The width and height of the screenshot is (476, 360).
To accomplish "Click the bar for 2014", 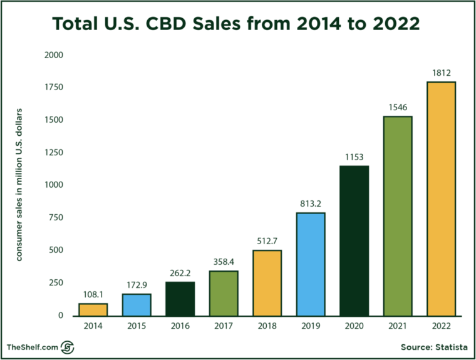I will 93,309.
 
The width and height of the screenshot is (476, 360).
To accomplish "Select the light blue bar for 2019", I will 311,264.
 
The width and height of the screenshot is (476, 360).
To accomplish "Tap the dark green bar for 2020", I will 354,240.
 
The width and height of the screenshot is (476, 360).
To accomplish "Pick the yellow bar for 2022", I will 441,198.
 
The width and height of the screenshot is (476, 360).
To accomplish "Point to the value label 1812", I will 441,73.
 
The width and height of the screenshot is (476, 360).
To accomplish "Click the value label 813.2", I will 311,204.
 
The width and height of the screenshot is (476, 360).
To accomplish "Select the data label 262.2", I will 180,273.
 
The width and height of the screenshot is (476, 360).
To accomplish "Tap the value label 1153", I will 354,157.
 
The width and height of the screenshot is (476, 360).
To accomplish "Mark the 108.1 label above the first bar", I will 93,294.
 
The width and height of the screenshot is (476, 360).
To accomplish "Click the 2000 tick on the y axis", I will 54,55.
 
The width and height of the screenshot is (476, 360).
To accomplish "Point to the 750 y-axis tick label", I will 56,218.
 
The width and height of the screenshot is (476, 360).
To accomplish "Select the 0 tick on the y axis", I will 60,316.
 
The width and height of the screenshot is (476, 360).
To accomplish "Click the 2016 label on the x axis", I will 180,326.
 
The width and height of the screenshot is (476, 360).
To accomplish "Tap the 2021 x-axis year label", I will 398,326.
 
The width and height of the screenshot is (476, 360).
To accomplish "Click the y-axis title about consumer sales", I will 19,185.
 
